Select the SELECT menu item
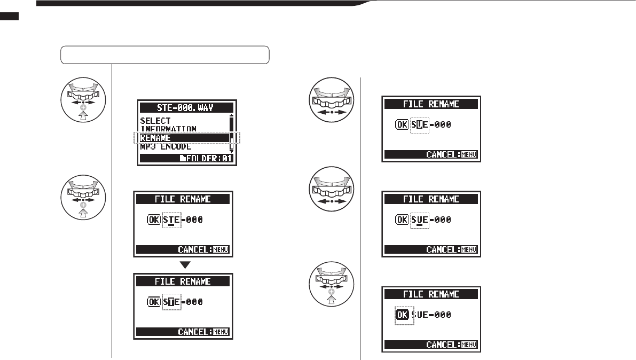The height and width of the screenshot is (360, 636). [x=155, y=121]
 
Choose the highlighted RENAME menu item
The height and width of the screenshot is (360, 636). [x=155, y=138]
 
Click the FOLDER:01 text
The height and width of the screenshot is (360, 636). [x=211, y=159]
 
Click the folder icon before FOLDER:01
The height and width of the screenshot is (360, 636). [x=184, y=159]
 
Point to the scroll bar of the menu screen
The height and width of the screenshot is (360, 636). [x=231, y=134]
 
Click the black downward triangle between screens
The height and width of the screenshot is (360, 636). [x=183, y=265]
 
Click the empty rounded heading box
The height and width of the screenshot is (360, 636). [x=164, y=55]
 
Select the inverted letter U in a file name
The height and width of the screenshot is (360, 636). [x=420, y=124]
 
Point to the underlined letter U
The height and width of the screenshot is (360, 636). [x=420, y=220]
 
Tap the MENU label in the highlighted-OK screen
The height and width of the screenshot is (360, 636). [x=468, y=345]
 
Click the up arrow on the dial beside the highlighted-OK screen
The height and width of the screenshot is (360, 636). [x=332, y=300]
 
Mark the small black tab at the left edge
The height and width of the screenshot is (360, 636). [x=9, y=17]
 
